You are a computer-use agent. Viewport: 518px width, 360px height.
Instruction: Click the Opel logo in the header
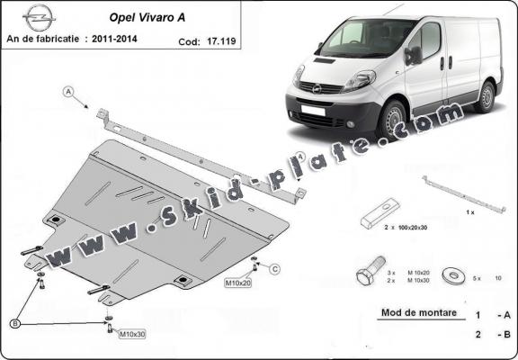point(38,15)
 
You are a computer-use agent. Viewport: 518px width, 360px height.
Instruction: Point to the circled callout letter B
point(14,322)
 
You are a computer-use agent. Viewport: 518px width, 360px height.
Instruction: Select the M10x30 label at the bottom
point(133,333)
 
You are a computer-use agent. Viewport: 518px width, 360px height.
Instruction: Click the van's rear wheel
point(486,95)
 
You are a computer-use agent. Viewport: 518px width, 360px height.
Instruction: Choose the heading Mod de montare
point(411,313)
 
